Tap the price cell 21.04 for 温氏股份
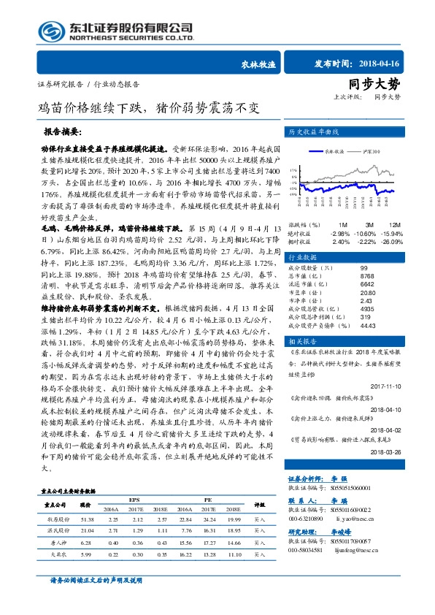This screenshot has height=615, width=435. click(x=86, y=529)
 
